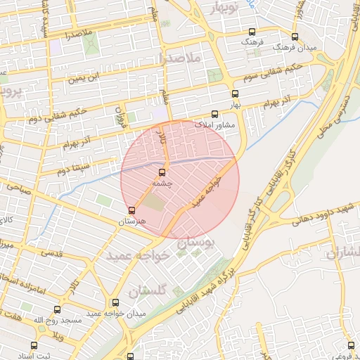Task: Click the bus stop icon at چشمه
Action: tap(162, 172)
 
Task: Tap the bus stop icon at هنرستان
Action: tap(131, 210)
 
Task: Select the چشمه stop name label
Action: tap(162, 183)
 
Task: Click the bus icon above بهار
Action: tap(234, 93)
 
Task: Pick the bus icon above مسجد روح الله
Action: tap(57, 309)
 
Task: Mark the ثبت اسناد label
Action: tap(34, 356)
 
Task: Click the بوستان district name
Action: tap(200, 240)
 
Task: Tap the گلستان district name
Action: tap(147, 289)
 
